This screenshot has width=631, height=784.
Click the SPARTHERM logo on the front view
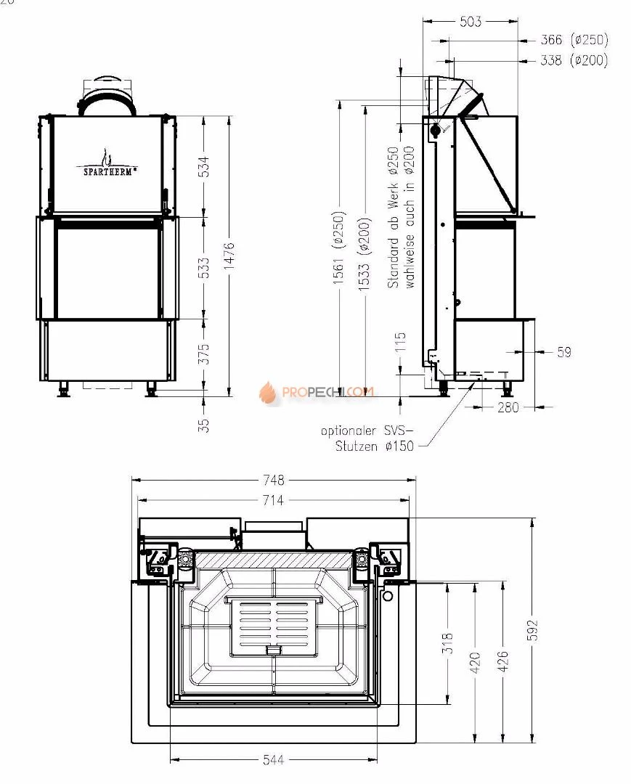click(x=107, y=166)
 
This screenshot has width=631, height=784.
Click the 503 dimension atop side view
click(x=471, y=22)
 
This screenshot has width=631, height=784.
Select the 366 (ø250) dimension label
click(x=574, y=40)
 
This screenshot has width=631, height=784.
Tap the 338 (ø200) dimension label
click(x=574, y=61)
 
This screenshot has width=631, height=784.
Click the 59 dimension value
click(x=564, y=352)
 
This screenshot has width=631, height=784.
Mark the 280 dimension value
click(x=508, y=408)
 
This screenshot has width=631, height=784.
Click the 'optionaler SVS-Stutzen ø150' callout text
click(x=367, y=438)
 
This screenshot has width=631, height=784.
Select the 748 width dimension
click(x=274, y=480)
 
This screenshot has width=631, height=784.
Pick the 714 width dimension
click(x=274, y=500)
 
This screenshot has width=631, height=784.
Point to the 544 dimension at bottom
click(x=274, y=760)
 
